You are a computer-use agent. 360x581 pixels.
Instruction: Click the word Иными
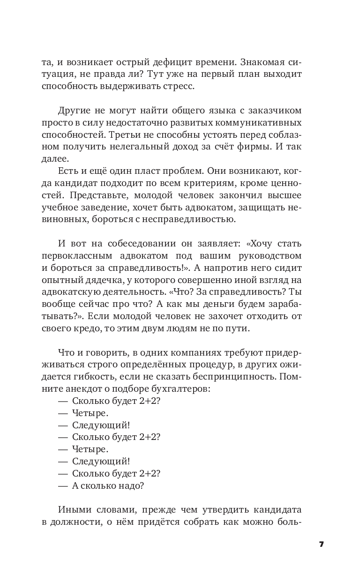[73, 510]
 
